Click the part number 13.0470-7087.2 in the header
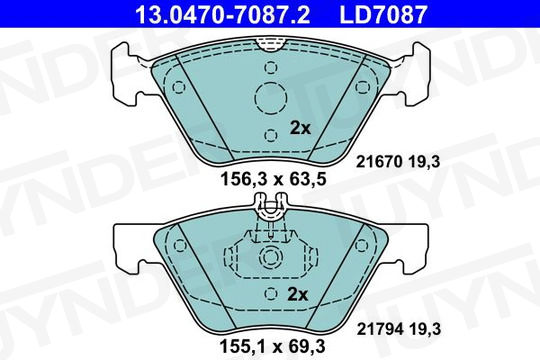[222, 14]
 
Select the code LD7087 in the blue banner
[383, 14]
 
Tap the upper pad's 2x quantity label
[300, 128]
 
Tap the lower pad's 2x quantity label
[297, 294]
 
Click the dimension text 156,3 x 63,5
[273, 179]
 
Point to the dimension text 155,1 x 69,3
[272, 346]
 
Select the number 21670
[379, 162]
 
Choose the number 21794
[380, 329]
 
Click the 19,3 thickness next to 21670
[424, 162]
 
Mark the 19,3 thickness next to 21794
[425, 329]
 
